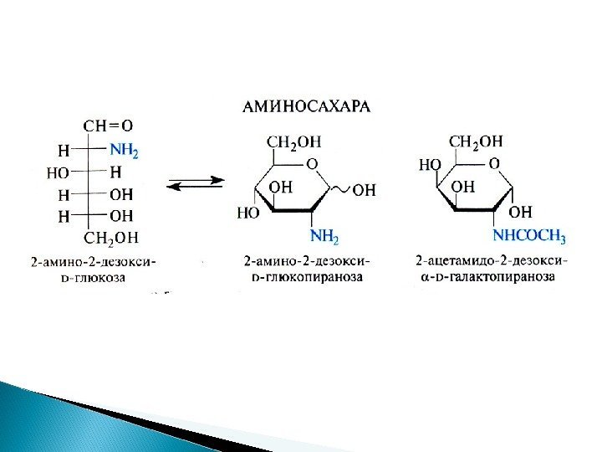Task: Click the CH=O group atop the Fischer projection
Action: [108, 126]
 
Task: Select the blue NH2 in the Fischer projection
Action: [125, 152]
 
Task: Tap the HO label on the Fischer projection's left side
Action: [58, 173]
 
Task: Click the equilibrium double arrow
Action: [196, 182]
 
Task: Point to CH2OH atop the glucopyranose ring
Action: [294, 141]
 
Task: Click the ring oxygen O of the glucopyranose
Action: [313, 162]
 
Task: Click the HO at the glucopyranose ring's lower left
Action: [248, 213]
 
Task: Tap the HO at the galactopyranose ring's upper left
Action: [429, 164]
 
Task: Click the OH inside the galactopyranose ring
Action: [462, 186]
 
